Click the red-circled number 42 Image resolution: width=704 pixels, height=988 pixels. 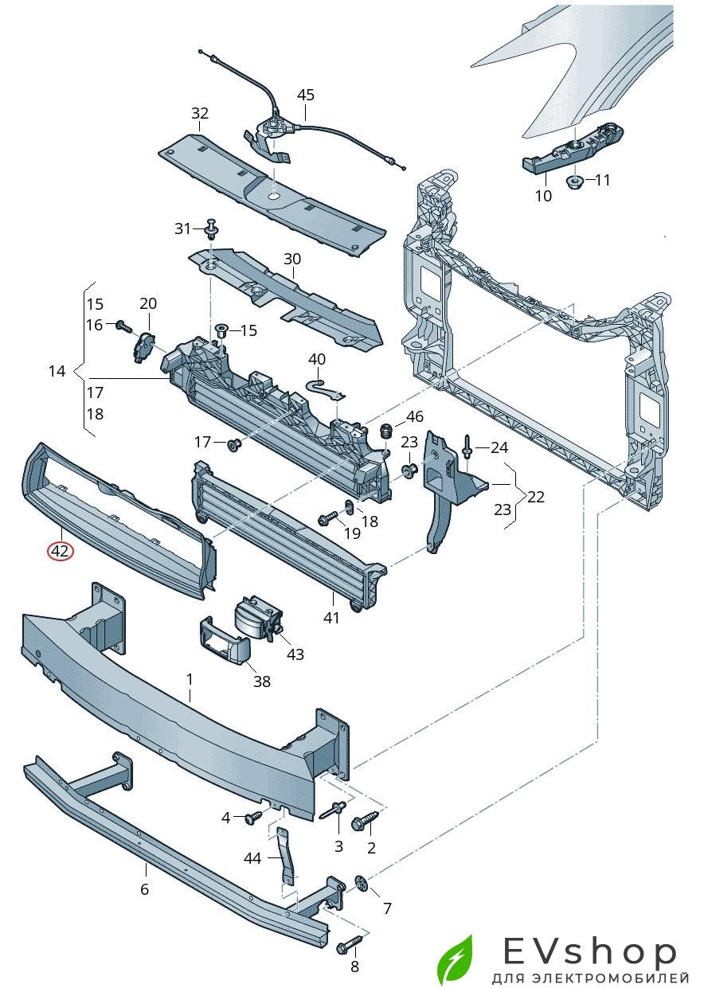[61, 551]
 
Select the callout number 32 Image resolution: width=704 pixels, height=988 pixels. [199, 113]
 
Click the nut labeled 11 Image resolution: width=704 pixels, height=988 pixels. [575, 182]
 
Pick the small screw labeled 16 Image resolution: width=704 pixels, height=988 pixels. [123, 326]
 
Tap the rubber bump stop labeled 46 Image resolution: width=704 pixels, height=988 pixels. [386, 430]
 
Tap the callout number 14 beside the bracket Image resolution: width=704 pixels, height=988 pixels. [57, 371]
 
